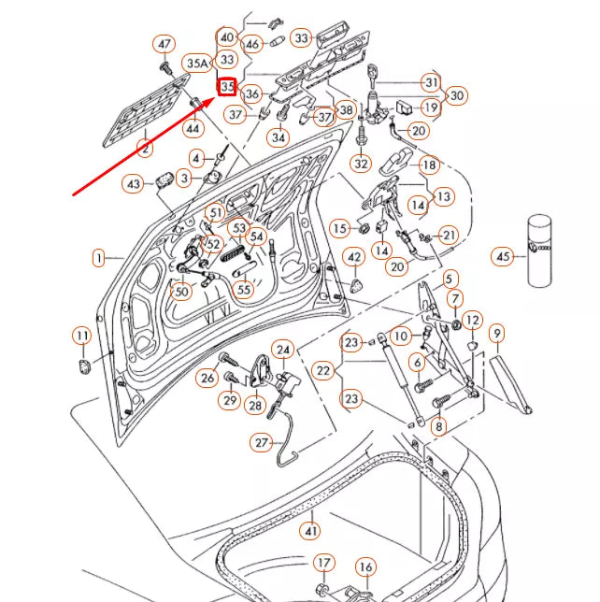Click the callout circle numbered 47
pyautogui.click(x=164, y=44)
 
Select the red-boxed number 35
pyautogui.click(x=227, y=87)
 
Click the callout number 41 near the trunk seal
pyautogui.click(x=309, y=531)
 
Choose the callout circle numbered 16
pyautogui.click(x=365, y=567)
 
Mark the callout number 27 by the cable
pyautogui.click(x=262, y=442)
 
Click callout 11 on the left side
pyautogui.click(x=82, y=335)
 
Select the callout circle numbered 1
pyautogui.click(x=98, y=256)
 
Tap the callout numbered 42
pyautogui.click(x=355, y=257)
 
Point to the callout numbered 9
pyautogui.click(x=497, y=332)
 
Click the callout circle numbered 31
pyautogui.click(x=431, y=82)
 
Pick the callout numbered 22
pyautogui.click(x=323, y=371)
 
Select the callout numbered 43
pyautogui.click(x=134, y=184)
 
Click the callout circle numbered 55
pyautogui.click(x=244, y=290)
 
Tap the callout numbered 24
pyautogui.click(x=283, y=349)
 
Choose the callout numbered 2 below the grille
pyautogui.click(x=145, y=148)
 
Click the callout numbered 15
pyautogui.click(x=339, y=229)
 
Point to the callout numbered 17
pyautogui.click(x=322, y=563)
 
